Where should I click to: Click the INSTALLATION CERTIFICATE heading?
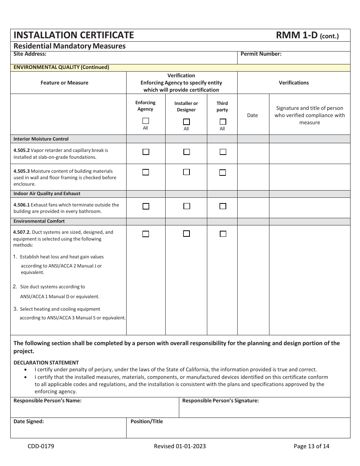pyautogui.click(x=74, y=35)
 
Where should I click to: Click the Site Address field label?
pyautogui.click(x=30, y=54)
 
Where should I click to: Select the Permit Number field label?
pyautogui.click(x=261, y=54)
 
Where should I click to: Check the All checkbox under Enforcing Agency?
pyautogui.click(x=146, y=121)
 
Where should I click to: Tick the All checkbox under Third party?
pyautogui.click(x=223, y=122)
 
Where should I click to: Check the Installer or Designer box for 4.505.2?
pyautogui.click(x=186, y=152)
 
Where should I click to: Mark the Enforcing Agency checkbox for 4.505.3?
pyautogui.click(x=146, y=172)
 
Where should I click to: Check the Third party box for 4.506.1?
pyautogui.click(x=223, y=206)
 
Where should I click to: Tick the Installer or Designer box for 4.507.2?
pyautogui.click(x=186, y=234)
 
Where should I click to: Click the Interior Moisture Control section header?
pyautogui.click(x=41, y=139)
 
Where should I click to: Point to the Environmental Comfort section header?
pyautogui.click(x=39, y=221)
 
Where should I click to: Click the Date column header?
pyautogui.click(x=252, y=116)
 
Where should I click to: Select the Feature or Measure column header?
pyautogui.click(x=64, y=83)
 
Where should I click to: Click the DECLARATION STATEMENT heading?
pyautogui.click(x=46, y=363)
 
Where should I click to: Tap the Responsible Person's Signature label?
pyautogui.click(x=221, y=401)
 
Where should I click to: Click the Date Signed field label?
pyautogui.click(x=29, y=421)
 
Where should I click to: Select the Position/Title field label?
pyautogui.click(x=147, y=421)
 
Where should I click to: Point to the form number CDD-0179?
pyautogui.click(x=41, y=446)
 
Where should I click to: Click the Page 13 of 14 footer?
pyautogui.click(x=311, y=446)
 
